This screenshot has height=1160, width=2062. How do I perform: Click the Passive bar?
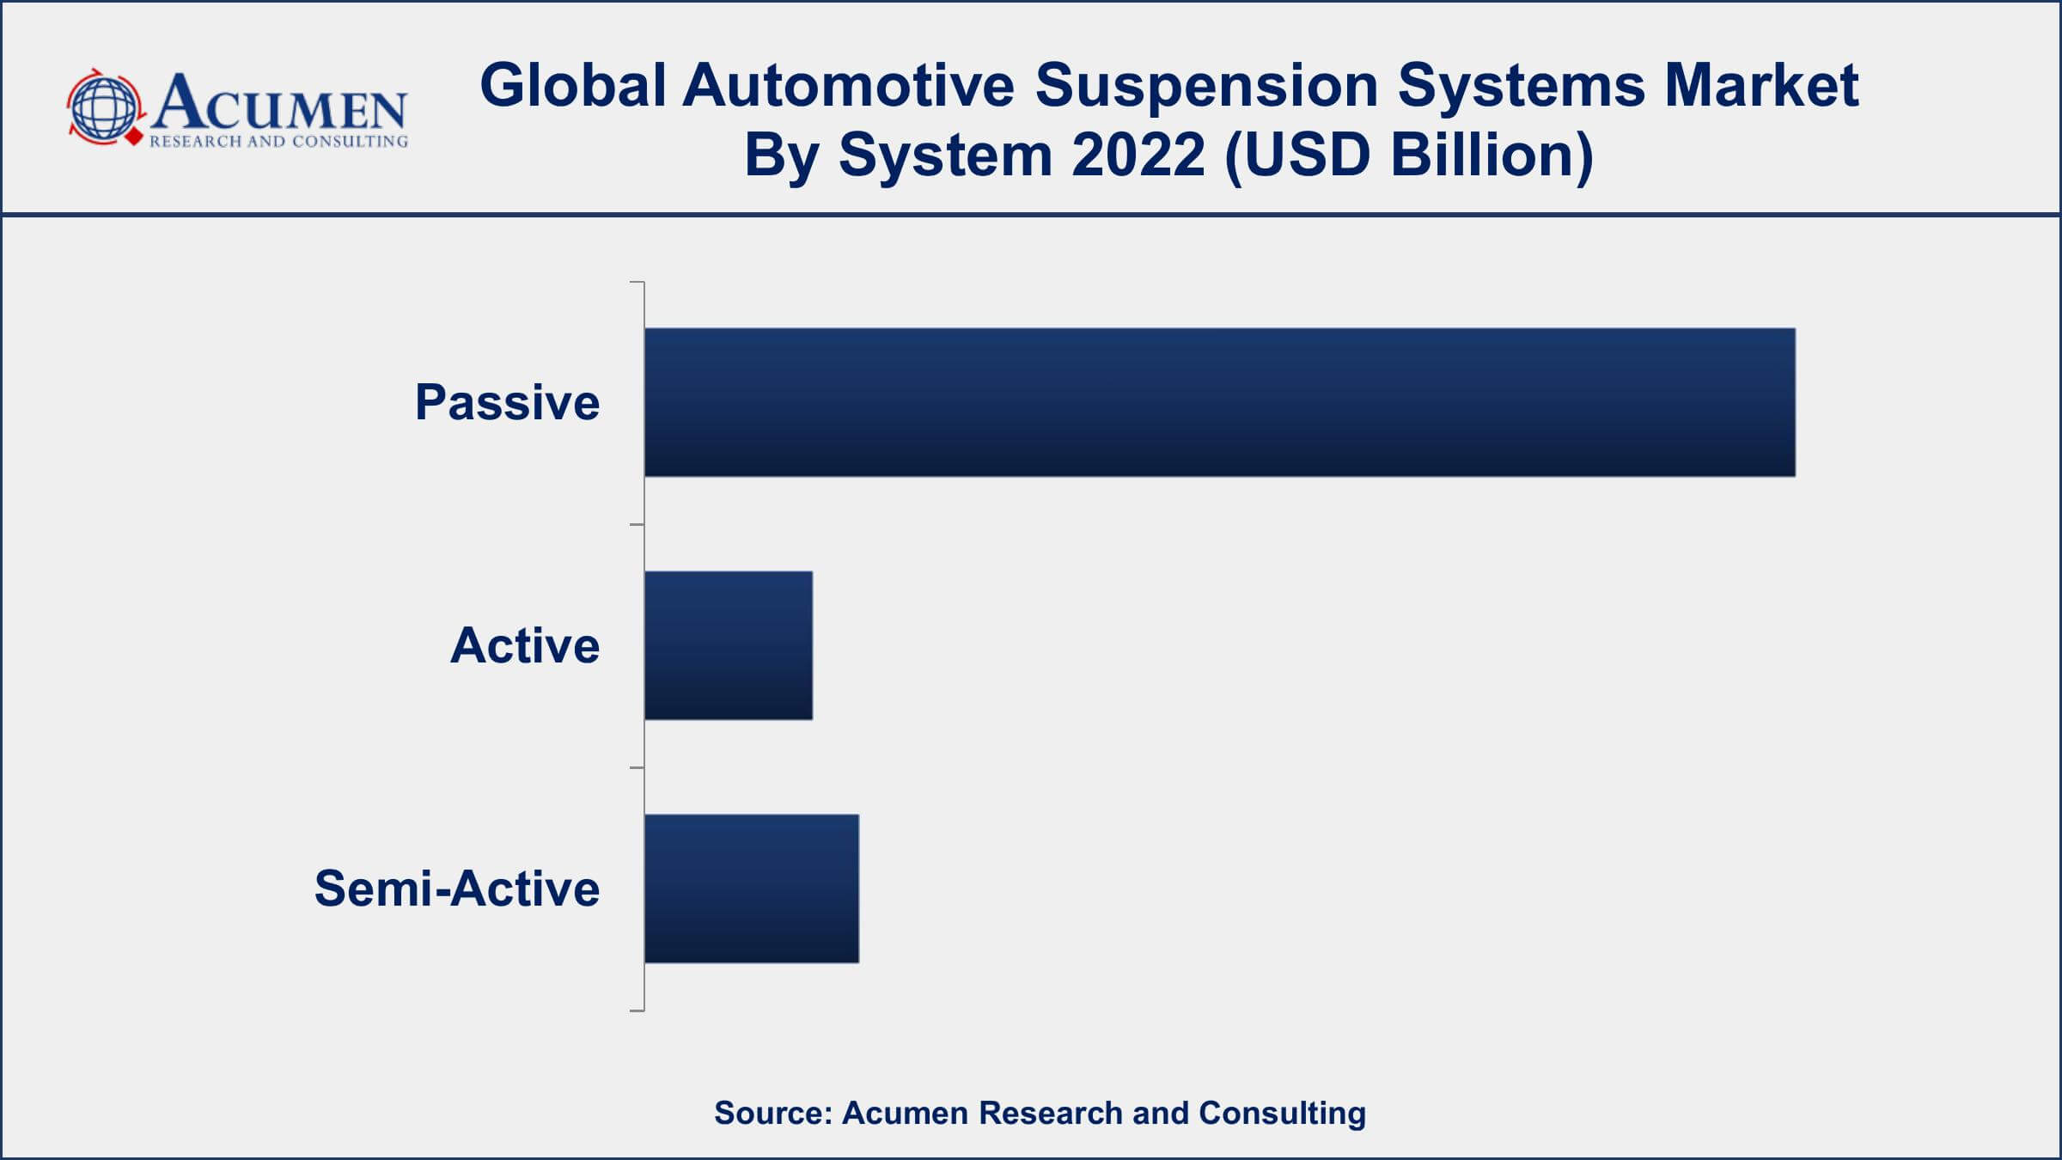click(x=1219, y=402)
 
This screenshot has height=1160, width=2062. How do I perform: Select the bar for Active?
click(x=729, y=645)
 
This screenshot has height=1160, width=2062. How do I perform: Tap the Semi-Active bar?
click(x=752, y=888)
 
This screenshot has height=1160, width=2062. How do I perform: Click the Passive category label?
click(x=507, y=402)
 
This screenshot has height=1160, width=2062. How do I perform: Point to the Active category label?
click(x=525, y=645)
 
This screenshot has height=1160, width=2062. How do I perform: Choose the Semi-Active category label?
click(x=457, y=888)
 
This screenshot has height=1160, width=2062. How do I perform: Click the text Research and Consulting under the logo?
click(x=278, y=142)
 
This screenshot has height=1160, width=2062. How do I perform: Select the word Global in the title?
click(x=573, y=86)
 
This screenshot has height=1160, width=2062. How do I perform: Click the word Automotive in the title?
click(x=849, y=86)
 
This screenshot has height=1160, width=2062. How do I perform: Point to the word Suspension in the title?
click(x=1206, y=86)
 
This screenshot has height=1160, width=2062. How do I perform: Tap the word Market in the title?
click(x=1761, y=86)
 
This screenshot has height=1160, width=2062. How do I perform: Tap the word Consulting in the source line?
click(x=1282, y=1114)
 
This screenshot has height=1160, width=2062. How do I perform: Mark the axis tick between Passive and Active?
click(x=637, y=524)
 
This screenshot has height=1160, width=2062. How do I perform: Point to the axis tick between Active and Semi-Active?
click(x=637, y=767)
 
